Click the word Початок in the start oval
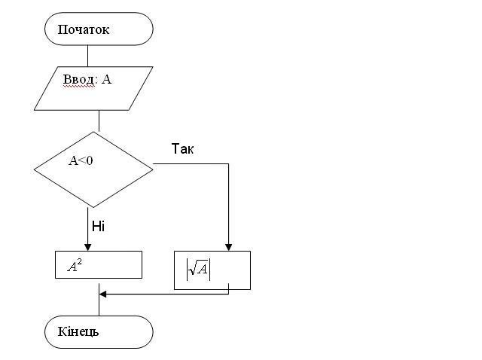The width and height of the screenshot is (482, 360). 84,29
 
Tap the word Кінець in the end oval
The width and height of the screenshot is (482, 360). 78,331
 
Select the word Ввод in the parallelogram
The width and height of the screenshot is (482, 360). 78,80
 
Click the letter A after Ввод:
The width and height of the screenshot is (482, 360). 106,79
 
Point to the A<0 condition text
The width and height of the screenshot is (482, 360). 81,160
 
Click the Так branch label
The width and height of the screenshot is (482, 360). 182,149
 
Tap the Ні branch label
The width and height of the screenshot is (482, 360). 98,226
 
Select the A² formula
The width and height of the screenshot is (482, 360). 75,266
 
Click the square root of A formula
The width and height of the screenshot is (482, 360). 199,270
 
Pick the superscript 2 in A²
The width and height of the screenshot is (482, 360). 80,262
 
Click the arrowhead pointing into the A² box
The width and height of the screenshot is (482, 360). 87,247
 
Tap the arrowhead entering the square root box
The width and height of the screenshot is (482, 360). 228,247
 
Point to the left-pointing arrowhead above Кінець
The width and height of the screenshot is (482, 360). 102,294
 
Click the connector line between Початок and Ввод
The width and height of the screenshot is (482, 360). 87,56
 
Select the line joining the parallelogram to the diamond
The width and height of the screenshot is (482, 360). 99,121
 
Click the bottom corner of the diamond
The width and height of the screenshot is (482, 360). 93,208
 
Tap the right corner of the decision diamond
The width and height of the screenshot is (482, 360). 153,169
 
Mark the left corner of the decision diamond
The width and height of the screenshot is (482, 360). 34,169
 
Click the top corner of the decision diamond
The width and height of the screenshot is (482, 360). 93,132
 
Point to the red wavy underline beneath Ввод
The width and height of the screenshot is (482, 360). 78,87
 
